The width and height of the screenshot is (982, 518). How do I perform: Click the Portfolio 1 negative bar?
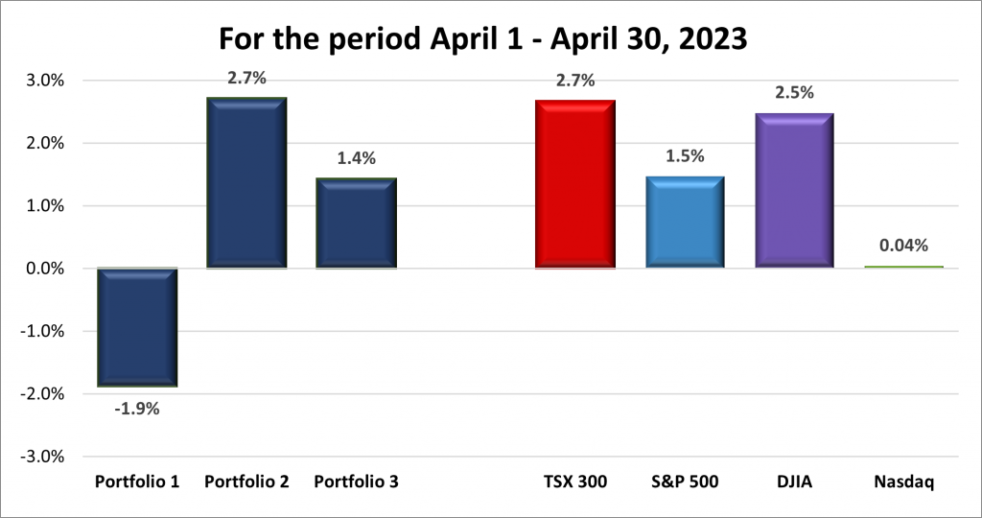137,327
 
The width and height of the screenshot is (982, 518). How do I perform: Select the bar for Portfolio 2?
246,182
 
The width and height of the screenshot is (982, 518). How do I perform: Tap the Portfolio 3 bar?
356,223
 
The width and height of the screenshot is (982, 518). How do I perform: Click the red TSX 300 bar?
574,183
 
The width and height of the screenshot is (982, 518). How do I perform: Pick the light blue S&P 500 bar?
684,222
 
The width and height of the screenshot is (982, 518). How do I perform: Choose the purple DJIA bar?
793,190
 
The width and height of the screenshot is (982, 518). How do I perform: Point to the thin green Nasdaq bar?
902,267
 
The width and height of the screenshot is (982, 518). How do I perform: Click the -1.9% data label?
137,408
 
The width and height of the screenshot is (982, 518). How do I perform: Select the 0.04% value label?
902,246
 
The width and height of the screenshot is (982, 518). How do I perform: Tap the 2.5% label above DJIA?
793,93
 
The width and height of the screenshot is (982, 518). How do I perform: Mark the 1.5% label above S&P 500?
684,156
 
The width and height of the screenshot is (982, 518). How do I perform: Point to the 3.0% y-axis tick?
45,81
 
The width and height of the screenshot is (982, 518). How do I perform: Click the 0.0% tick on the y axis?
45,269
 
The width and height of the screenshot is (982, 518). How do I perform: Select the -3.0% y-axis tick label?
42,456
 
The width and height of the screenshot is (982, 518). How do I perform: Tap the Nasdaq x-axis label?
902,482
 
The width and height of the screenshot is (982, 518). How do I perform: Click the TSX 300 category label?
574,482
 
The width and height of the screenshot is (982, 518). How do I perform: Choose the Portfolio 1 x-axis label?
137,482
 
